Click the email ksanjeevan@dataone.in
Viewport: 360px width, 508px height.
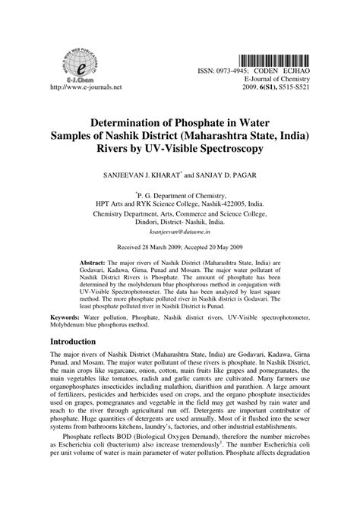[179, 235]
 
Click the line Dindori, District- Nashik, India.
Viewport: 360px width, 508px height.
[179, 224]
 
